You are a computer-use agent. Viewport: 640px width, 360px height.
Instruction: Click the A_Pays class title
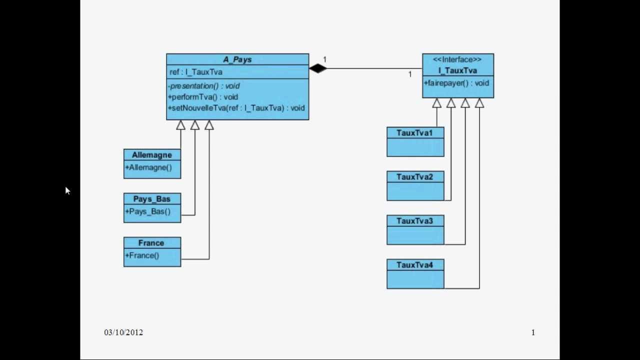pyautogui.click(x=237, y=59)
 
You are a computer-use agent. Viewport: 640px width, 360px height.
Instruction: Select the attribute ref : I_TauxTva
pyautogui.click(x=196, y=72)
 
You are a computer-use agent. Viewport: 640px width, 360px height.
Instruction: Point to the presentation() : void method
pyautogui.click(x=203, y=86)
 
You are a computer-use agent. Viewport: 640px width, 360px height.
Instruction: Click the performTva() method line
pyautogui.click(x=203, y=97)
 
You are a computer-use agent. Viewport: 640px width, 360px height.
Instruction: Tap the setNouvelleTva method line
pyautogui.click(x=236, y=107)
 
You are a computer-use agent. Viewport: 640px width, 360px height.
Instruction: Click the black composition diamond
pyautogui.click(x=317, y=68)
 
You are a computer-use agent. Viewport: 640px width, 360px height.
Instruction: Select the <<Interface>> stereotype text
pyautogui.click(x=457, y=59)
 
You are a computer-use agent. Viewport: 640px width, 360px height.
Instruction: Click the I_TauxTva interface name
pyautogui.click(x=457, y=70)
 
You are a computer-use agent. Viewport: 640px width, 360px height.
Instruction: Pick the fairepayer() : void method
pyautogui.click(x=456, y=83)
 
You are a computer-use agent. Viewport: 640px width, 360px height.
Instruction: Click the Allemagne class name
pyautogui.click(x=152, y=155)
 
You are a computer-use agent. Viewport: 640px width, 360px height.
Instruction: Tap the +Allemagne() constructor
pyautogui.click(x=148, y=167)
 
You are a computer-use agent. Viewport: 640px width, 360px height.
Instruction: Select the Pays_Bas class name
pyautogui.click(x=152, y=199)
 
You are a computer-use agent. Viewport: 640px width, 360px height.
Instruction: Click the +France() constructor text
pyautogui.click(x=142, y=255)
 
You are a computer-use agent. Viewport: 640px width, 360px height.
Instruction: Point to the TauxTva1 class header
pyautogui.click(x=414, y=133)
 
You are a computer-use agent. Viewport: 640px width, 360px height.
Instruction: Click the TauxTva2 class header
pyautogui.click(x=414, y=177)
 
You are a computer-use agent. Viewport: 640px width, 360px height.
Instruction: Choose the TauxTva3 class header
pyautogui.click(x=414, y=221)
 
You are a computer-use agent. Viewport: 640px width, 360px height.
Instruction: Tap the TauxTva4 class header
pyautogui.click(x=414, y=265)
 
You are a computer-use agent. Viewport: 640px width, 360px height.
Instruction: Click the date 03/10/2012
pyautogui.click(x=123, y=332)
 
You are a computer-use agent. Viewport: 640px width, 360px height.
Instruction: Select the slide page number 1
pyautogui.click(x=533, y=332)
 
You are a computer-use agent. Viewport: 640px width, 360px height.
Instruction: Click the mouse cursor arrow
pyautogui.click(x=67, y=190)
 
